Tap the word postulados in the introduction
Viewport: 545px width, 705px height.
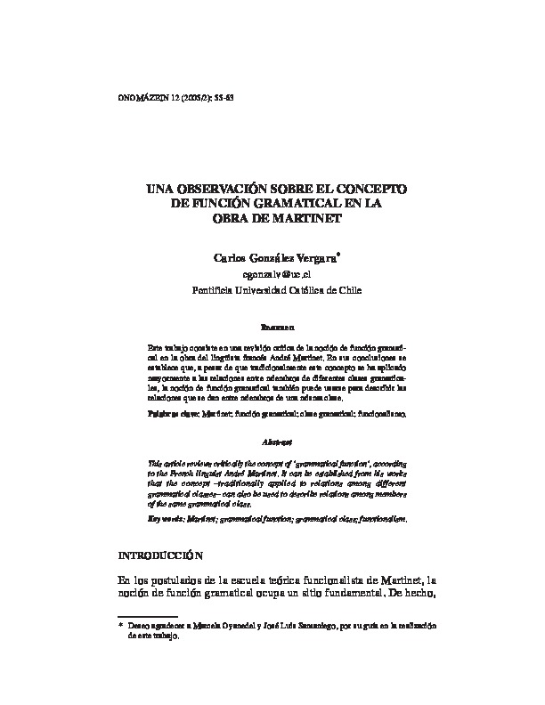point(183,580)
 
